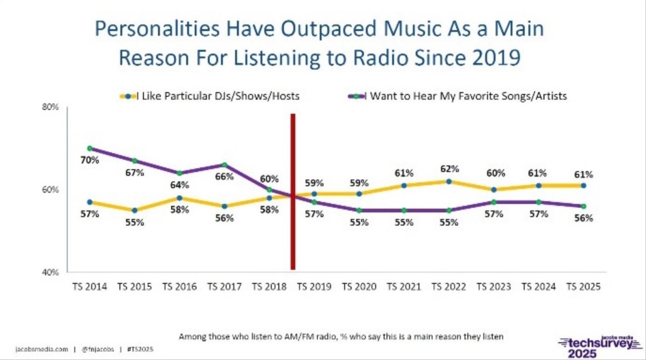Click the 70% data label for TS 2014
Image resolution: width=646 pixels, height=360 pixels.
coord(90,160)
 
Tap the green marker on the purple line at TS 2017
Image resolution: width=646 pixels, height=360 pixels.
coord(224,165)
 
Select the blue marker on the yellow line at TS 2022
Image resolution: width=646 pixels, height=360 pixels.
coord(449,181)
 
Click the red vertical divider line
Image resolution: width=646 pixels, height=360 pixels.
coord(293,192)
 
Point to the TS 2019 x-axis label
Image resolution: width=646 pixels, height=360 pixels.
coord(314,287)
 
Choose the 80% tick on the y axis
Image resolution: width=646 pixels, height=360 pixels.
coord(50,107)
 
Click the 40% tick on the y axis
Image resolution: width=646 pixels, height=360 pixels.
coord(50,272)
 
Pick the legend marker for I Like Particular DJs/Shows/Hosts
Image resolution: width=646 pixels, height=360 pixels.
coord(128,96)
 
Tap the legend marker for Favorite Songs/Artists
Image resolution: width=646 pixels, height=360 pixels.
coord(356,96)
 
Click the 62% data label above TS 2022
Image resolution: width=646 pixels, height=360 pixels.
coord(450,169)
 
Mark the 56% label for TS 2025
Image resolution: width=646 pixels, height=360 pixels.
coord(584,218)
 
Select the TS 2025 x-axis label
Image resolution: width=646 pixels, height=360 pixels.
coord(584,287)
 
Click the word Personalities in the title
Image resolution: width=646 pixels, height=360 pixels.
coord(157,29)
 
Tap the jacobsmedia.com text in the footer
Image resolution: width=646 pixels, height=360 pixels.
coord(41,349)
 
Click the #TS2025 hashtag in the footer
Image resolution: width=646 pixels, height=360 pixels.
coord(140,349)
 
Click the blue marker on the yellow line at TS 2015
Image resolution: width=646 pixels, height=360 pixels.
coord(135,210)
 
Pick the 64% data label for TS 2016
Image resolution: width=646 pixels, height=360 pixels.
coord(179,185)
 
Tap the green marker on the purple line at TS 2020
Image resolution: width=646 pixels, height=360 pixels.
coord(359,211)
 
